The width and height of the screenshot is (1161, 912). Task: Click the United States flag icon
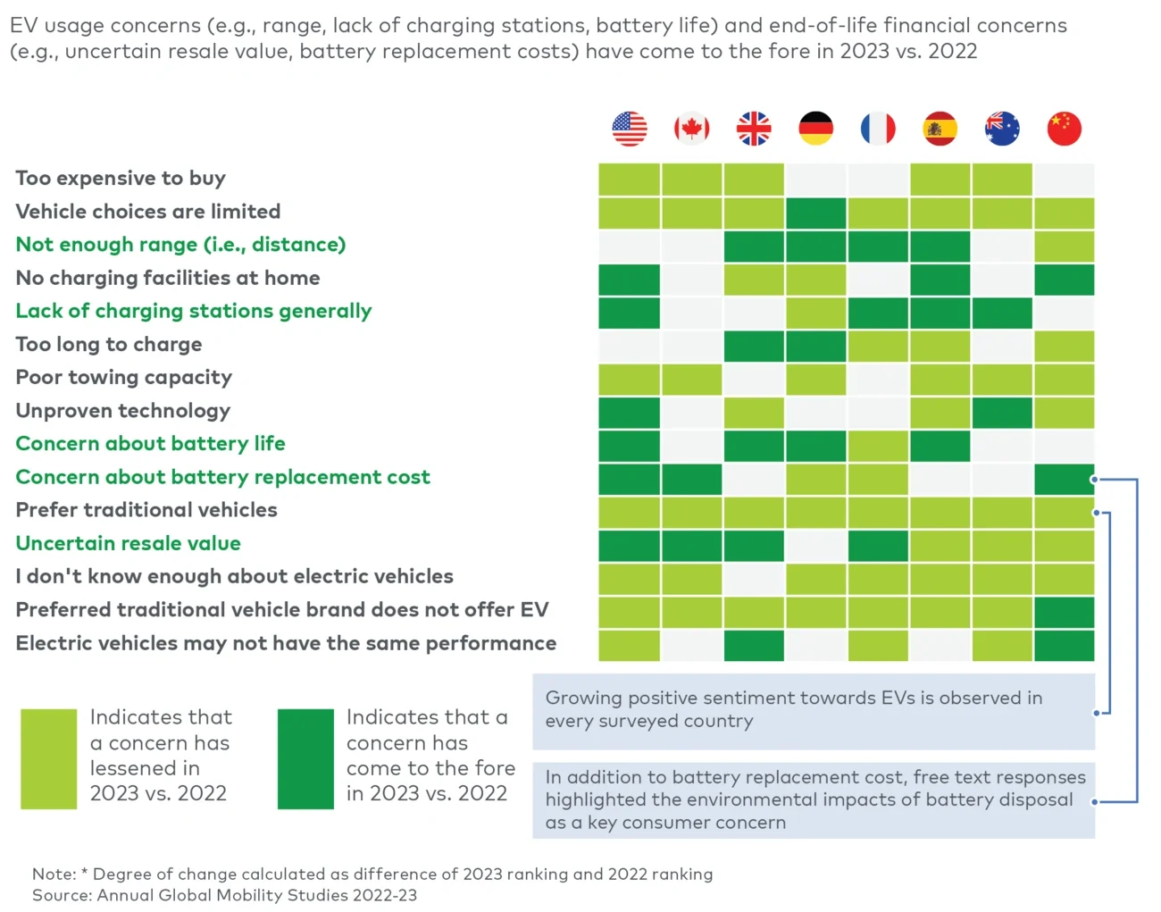click(x=630, y=129)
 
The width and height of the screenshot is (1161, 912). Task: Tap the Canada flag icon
click(x=691, y=129)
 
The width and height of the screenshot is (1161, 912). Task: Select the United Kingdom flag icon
click(x=754, y=129)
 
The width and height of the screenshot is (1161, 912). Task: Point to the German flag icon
click(x=815, y=129)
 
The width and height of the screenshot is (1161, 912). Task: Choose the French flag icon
click(x=878, y=129)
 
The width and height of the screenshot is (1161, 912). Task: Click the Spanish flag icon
click(x=940, y=129)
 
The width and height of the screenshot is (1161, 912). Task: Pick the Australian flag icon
click(x=1002, y=129)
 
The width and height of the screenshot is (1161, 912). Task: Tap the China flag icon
click(x=1064, y=129)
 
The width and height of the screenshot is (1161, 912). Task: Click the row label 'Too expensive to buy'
click(x=121, y=179)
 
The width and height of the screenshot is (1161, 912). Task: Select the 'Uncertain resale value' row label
click(x=129, y=543)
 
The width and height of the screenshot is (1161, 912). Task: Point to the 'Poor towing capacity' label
click(x=124, y=378)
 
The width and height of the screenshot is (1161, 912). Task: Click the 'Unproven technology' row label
click(x=123, y=411)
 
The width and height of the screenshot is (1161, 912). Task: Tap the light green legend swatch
click(x=49, y=758)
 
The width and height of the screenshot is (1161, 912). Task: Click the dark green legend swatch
click(x=305, y=758)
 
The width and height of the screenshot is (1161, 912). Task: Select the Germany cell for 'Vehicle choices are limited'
click(x=815, y=213)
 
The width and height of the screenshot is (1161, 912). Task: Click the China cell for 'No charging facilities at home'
click(x=1064, y=280)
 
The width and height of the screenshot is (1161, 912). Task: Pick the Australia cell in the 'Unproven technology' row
click(x=1002, y=413)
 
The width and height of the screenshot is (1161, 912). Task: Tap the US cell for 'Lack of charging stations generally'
click(x=630, y=313)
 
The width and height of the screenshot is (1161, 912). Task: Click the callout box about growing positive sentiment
click(x=813, y=711)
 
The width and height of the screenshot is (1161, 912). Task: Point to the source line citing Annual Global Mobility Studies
click(x=224, y=895)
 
